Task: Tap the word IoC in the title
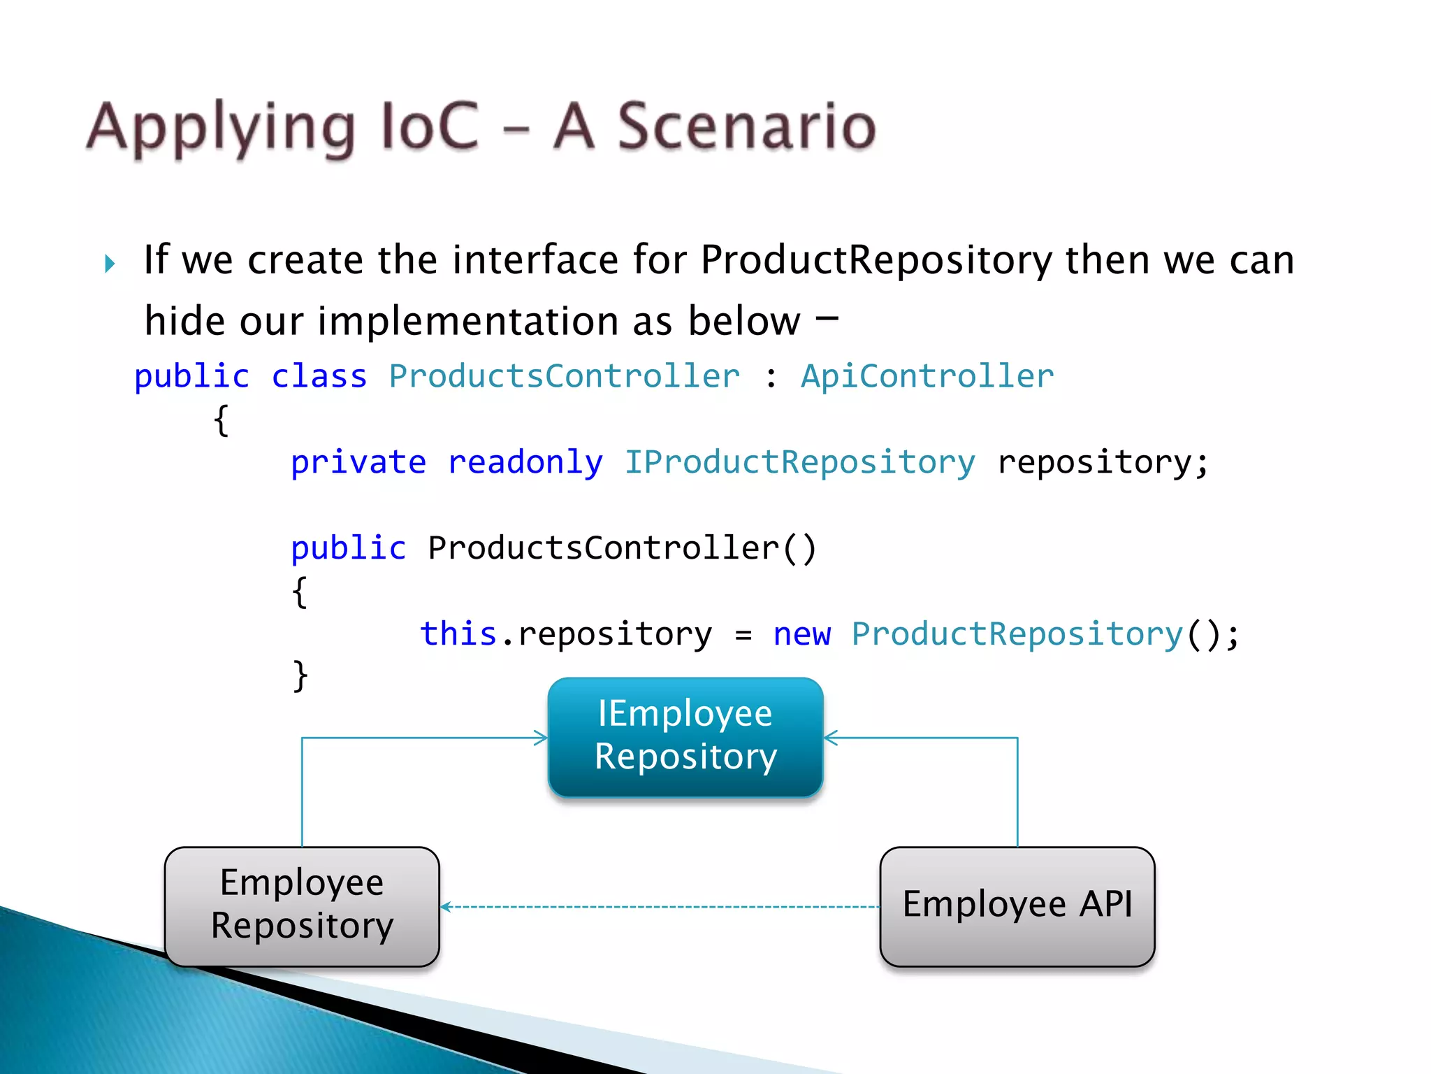pos(428,127)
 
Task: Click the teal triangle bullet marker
pos(110,264)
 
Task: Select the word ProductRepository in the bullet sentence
pos(876,261)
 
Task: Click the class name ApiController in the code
pos(927,377)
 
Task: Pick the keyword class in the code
pos(319,377)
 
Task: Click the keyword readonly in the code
pos(525,463)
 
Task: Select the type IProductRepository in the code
pos(799,463)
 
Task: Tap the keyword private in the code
pos(358,463)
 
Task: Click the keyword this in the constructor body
pos(458,634)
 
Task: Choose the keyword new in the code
pos(801,635)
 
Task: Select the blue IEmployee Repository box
pos(685,736)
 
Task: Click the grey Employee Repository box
pos(302,906)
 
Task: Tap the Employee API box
pos(1017,906)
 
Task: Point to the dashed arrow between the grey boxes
pos(660,907)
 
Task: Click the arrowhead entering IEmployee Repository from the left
pos(542,738)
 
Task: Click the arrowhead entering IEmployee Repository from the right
pos(830,738)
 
